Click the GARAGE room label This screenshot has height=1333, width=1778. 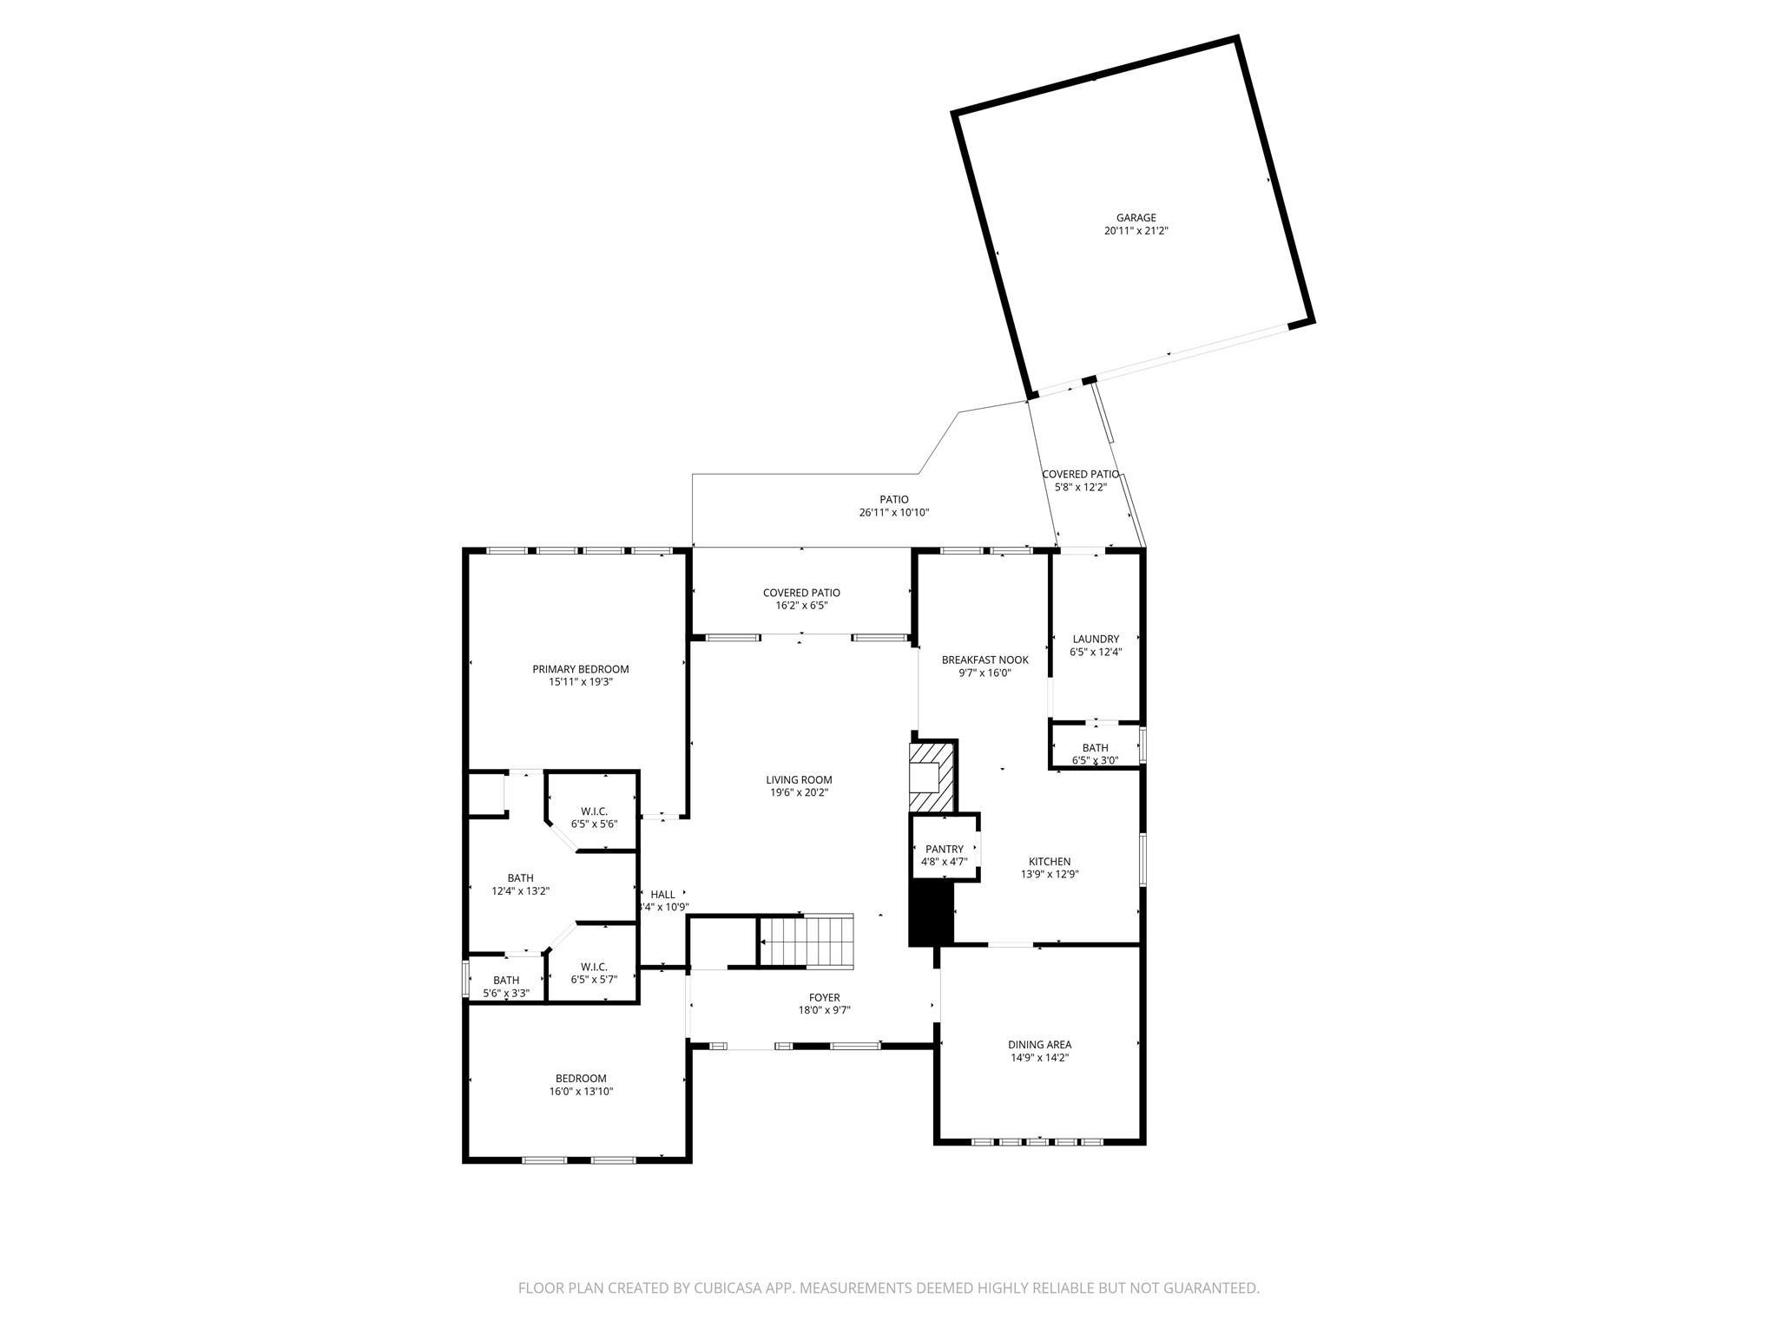click(1136, 218)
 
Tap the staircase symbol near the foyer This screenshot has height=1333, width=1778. click(807, 941)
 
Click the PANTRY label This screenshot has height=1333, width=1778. click(944, 850)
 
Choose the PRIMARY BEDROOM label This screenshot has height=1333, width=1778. click(581, 669)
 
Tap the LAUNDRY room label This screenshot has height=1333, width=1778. click(1096, 639)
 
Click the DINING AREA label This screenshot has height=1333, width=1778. click(1039, 1045)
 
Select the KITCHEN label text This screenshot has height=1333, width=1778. click(1050, 862)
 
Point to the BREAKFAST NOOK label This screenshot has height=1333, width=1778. click(985, 660)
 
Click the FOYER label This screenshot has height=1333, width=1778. click(824, 998)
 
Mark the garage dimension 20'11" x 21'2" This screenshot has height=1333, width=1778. click(1136, 231)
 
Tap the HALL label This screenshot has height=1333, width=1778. click(662, 895)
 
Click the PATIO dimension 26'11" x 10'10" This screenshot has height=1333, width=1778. click(894, 512)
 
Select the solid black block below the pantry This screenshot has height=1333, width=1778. click(931, 914)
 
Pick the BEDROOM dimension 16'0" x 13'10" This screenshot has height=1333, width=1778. click(581, 1092)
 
